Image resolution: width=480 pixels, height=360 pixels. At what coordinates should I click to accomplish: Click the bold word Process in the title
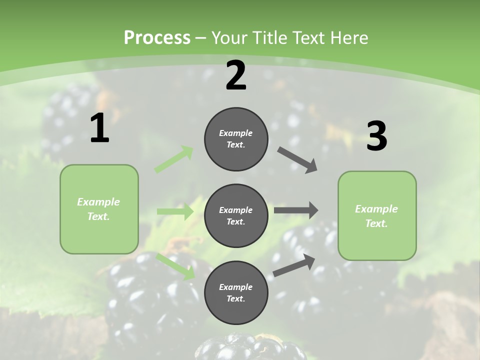[157, 37]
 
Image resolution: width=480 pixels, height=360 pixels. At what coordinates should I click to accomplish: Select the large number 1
[99, 128]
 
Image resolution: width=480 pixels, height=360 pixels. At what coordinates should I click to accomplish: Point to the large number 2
[236, 75]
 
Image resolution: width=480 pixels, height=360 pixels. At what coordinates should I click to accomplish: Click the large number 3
[376, 136]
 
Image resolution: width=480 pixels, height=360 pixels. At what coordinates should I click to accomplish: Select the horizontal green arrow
[175, 211]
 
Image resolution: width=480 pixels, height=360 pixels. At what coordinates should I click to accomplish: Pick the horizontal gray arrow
[296, 210]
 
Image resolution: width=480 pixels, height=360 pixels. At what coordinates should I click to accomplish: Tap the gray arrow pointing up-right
[294, 265]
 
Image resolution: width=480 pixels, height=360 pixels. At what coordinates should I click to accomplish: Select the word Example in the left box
[98, 202]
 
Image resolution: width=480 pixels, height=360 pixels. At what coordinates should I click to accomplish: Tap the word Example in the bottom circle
[235, 287]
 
